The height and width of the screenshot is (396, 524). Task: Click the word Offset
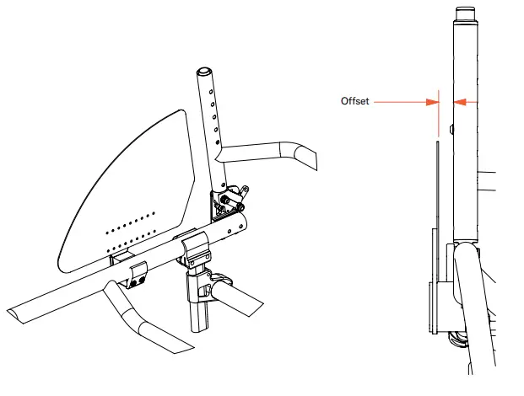[x=354, y=102]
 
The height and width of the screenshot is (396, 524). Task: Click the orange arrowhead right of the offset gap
[x=459, y=102]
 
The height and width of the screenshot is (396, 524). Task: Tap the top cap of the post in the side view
[x=465, y=13]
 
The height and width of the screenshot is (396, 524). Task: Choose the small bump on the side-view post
[x=452, y=129]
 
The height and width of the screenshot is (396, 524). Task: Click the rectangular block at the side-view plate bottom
[x=435, y=308]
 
